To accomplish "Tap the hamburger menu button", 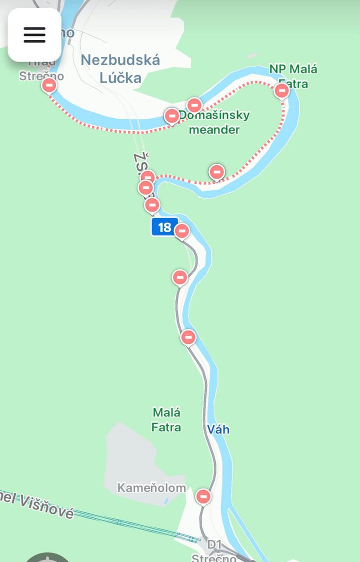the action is click(x=34, y=35).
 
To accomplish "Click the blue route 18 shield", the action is click(x=164, y=227).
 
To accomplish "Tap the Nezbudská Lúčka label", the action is click(x=120, y=69).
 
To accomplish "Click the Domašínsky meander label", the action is click(x=214, y=122).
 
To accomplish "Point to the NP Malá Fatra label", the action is click(x=293, y=76).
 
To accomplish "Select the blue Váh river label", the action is click(x=218, y=429).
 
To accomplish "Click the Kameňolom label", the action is click(x=151, y=487).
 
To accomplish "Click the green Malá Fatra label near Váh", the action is click(x=166, y=419).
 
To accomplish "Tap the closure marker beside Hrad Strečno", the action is click(x=49, y=86).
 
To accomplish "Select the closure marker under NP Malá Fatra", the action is click(x=282, y=91).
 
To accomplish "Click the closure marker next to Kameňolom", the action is click(x=203, y=496).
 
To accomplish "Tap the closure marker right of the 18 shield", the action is click(x=182, y=231).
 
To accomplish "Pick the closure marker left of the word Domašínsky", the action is click(x=171, y=116).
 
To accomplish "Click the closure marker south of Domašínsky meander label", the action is click(x=216, y=172).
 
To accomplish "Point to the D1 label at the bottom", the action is click(x=214, y=544).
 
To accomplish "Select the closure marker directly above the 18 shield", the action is click(x=152, y=205).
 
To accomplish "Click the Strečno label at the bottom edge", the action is click(x=214, y=557).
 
